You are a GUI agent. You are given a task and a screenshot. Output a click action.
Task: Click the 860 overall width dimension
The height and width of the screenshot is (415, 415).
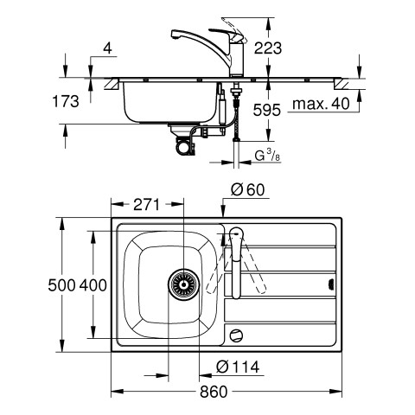click(214, 392)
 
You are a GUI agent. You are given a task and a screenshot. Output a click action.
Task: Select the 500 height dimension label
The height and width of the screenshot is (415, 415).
click(61, 285)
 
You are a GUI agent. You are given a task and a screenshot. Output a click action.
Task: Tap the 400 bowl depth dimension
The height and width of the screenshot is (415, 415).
click(93, 285)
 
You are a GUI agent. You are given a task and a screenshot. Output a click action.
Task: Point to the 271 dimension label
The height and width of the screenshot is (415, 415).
click(146, 205)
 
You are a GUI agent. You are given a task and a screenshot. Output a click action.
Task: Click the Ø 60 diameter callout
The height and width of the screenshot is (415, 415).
click(247, 190)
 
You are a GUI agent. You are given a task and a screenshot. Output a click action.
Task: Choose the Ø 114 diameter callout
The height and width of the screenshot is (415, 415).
click(238, 367)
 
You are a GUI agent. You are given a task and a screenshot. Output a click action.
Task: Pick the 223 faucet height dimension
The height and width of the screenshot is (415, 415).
click(268, 48)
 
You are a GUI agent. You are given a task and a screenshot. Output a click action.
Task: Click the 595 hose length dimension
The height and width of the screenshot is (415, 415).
click(266, 110)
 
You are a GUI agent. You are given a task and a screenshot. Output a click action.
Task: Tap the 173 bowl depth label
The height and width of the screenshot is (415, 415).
click(66, 101)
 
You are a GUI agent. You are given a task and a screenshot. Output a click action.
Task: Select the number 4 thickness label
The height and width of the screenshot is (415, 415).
click(107, 48)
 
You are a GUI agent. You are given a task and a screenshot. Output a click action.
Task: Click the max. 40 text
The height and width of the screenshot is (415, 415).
click(321, 104)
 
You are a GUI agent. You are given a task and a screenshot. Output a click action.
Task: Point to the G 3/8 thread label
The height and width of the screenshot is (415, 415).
click(267, 156)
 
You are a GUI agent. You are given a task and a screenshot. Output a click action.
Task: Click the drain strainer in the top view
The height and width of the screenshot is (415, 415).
click(183, 284)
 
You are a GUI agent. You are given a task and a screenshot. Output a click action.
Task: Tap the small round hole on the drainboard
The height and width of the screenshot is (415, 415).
click(236, 335)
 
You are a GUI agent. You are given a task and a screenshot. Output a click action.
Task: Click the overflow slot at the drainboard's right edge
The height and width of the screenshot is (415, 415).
click(332, 284)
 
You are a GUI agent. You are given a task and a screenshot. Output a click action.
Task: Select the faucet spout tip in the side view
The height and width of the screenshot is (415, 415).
click(174, 36)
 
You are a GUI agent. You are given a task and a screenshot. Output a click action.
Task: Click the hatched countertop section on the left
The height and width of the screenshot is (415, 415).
click(112, 84)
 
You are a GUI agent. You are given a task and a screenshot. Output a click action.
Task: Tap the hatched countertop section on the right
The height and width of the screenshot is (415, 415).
click(342, 84)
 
